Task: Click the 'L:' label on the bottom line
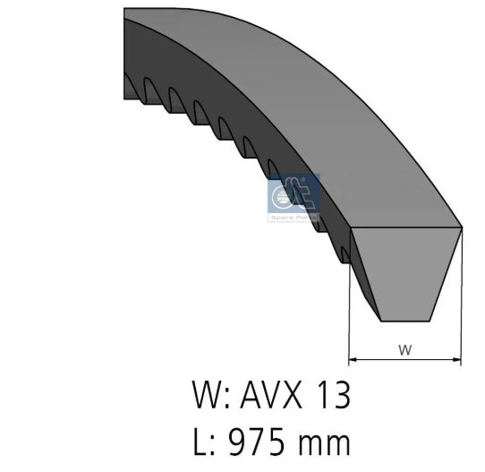205,440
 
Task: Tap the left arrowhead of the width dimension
352,359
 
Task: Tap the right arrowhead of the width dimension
457,359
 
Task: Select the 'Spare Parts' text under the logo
294,217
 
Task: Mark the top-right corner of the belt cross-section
461,227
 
